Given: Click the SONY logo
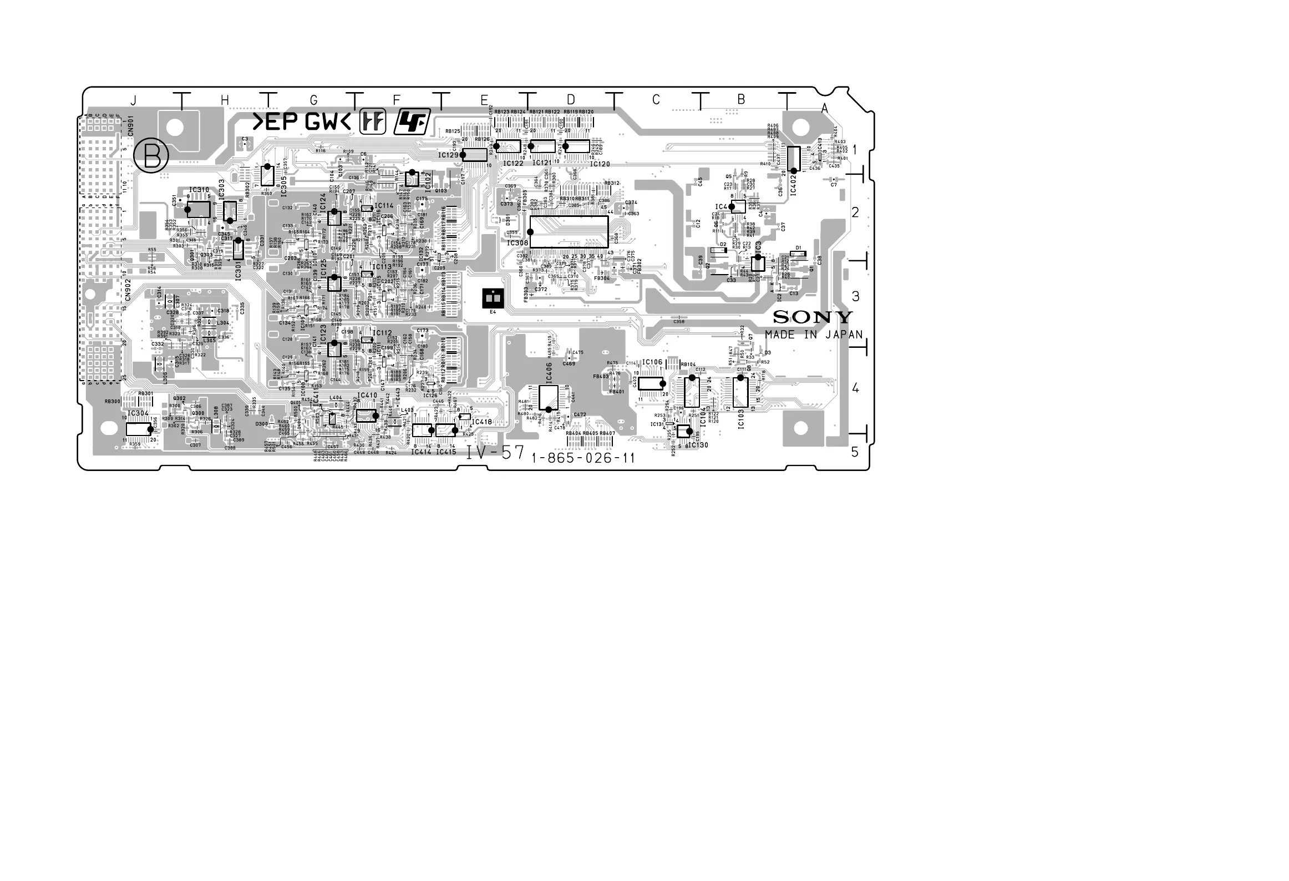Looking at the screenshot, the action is click(813, 317).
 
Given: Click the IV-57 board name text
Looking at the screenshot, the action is click(495, 453).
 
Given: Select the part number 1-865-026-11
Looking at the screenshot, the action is click(583, 458).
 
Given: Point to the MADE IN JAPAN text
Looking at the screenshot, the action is click(814, 335).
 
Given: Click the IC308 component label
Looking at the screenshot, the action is click(517, 242).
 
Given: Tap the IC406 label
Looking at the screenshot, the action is click(549, 376).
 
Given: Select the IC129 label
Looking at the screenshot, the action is click(449, 155).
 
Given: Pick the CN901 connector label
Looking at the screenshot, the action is click(130, 126).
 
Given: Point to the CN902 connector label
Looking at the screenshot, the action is click(128, 289).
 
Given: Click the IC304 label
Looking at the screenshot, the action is click(138, 414).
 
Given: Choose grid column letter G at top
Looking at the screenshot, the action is click(313, 100).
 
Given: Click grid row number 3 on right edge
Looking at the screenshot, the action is click(855, 296).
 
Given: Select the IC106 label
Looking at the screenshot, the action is click(652, 363).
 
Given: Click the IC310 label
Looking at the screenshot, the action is click(199, 190).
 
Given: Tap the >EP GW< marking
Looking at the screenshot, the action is click(302, 122).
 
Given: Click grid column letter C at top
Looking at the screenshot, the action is click(656, 100).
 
